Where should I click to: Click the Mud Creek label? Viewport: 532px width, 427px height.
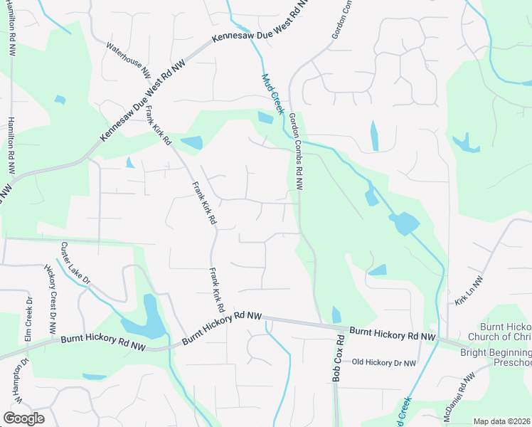coord(272,93)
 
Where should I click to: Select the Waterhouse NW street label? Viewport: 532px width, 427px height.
coord(129,60)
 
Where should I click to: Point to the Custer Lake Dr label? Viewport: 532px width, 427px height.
coord(75,263)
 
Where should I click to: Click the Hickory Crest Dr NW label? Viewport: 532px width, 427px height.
coord(52,300)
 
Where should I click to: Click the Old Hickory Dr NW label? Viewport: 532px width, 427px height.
coord(385,362)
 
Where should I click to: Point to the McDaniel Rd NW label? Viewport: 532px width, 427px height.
coord(459,398)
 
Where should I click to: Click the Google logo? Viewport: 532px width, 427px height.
coord(23,418)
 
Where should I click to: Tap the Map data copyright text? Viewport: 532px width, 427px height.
coord(501,421)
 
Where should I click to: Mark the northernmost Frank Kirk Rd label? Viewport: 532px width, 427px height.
coord(159,125)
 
